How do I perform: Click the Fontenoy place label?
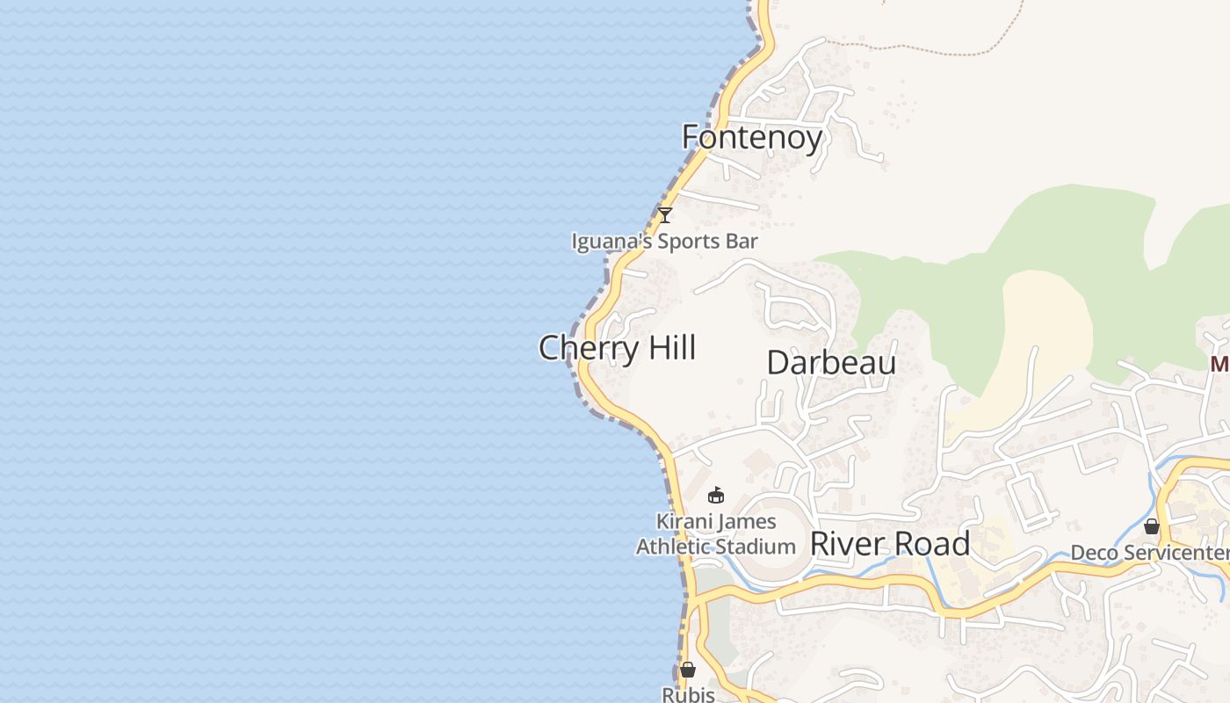pyautogui.click(x=752, y=138)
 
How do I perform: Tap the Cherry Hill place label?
pyautogui.click(x=617, y=348)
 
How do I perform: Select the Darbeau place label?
pyautogui.click(x=831, y=362)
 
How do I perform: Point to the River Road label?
pyautogui.click(x=889, y=544)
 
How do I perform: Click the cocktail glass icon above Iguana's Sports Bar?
pyautogui.click(x=665, y=214)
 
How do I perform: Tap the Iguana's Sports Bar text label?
pyautogui.click(x=664, y=241)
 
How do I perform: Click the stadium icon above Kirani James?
pyautogui.click(x=716, y=495)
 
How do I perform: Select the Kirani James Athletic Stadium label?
pyautogui.click(x=716, y=533)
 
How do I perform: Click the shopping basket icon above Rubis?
pyautogui.click(x=688, y=670)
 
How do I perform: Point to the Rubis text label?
pyautogui.click(x=688, y=694)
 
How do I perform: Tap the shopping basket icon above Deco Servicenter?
pyautogui.click(x=1152, y=526)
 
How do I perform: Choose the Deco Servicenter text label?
pyautogui.click(x=1149, y=553)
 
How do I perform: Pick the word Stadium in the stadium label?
pyautogui.click(x=754, y=547)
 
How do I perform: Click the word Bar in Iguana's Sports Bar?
pyautogui.click(x=742, y=241)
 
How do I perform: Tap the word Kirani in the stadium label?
pyautogui.click(x=684, y=521)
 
